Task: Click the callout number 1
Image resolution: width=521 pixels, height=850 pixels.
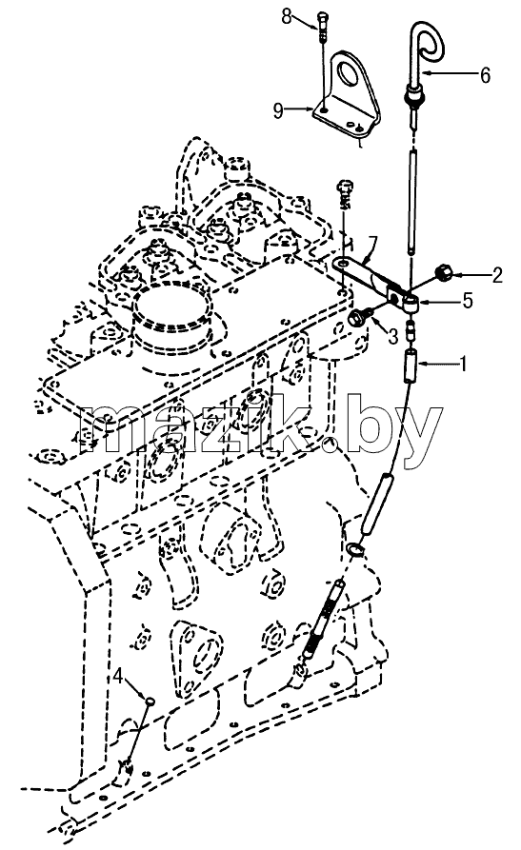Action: (464, 365)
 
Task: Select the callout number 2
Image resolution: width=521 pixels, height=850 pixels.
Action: (495, 275)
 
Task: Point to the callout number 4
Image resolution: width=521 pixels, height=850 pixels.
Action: (119, 677)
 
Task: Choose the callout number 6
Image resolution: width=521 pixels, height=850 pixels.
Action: (484, 75)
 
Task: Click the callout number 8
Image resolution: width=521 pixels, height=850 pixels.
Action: (287, 17)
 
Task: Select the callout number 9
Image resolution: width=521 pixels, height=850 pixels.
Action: (278, 111)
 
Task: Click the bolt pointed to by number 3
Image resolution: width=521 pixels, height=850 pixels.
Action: (359, 317)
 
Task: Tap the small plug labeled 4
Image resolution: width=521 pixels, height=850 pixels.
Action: (150, 701)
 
